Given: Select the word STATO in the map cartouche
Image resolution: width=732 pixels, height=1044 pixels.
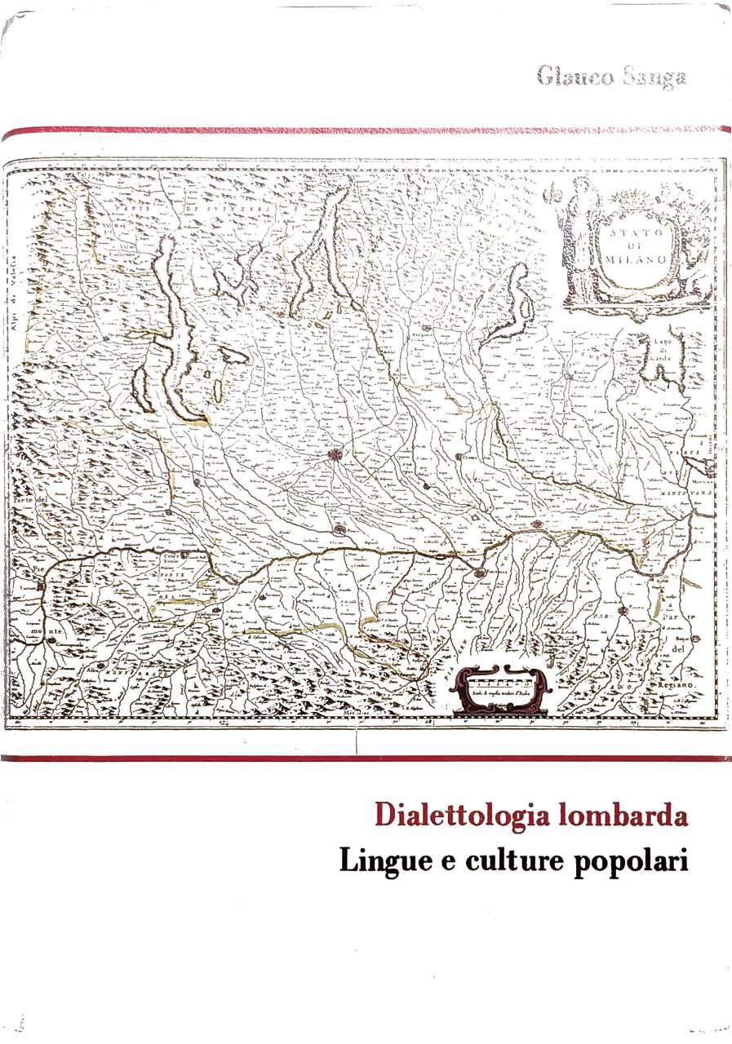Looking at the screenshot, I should click(637, 233).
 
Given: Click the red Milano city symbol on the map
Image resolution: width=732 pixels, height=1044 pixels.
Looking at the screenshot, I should click(335, 455).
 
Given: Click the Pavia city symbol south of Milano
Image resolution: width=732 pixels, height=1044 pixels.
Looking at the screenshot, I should click(339, 529).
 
